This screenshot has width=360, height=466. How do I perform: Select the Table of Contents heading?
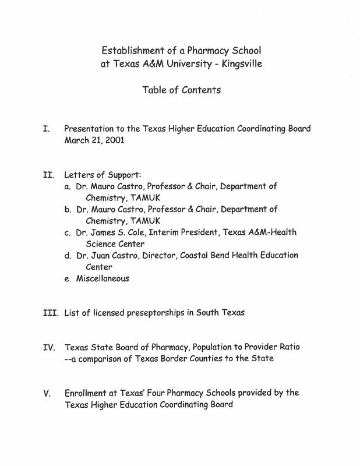tap(181, 90)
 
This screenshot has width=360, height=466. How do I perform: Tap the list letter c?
tap(68, 232)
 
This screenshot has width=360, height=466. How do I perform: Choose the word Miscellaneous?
tap(103, 278)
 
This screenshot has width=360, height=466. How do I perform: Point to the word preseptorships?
tap(168, 313)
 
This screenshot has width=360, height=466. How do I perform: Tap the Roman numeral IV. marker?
tap(49, 348)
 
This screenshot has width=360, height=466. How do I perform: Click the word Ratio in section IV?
tap(289, 347)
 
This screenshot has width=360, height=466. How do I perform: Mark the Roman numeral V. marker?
tap(47, 393)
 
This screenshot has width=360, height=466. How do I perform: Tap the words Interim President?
tap(182, 232)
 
